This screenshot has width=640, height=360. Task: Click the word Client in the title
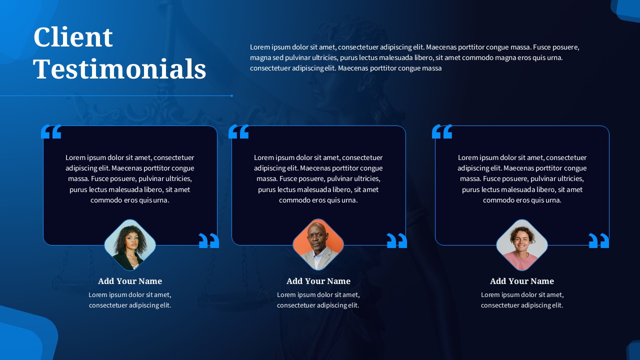73,37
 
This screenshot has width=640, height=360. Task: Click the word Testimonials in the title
119,69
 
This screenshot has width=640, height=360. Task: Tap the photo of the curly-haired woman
130,245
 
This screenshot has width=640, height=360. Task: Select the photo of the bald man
318,245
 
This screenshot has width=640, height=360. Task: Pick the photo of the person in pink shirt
522,245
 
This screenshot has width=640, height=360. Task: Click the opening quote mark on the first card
51,132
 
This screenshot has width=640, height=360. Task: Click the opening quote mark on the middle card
238,132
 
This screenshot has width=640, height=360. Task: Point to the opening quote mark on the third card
442,132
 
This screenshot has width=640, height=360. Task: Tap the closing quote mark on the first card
209,240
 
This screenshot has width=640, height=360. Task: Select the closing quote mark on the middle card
397,240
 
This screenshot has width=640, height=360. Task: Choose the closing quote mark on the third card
599,240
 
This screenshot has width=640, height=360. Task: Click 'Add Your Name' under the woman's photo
130,281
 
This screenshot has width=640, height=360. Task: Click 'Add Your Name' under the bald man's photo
318,281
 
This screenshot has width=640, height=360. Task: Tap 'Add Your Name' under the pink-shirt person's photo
522,281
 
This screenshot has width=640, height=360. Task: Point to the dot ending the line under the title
232,95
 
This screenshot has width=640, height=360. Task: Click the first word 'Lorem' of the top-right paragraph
259,47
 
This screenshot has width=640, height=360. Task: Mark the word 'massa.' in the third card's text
470,179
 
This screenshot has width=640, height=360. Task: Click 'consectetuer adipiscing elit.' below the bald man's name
318,305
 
